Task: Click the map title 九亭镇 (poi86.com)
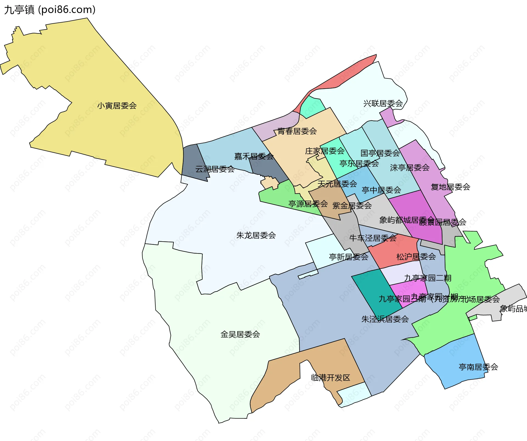[x=50, y=10]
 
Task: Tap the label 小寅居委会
[x=117, y=106]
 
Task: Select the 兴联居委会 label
[x=383, y=103]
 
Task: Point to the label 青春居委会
[x=297, y=131]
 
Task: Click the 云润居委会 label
[x=215, y=169]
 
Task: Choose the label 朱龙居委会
[x=256, y=235]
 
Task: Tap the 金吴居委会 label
[x=240, y=334]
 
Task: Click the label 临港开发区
[x=330, y=377]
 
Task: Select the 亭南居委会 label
[x=478, y=367]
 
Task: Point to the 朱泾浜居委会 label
[x=385, y=319]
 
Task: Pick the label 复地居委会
[x=450, y=187]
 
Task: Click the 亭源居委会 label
[x=308, y=203]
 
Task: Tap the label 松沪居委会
[x=416, y=256]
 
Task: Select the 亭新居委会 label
[x=349, y=257]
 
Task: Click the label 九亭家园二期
[x=428, y=278]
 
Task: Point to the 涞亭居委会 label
[x=410, y=168]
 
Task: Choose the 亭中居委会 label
[x=381, y=190]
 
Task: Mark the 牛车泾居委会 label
[x=373, y=238]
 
